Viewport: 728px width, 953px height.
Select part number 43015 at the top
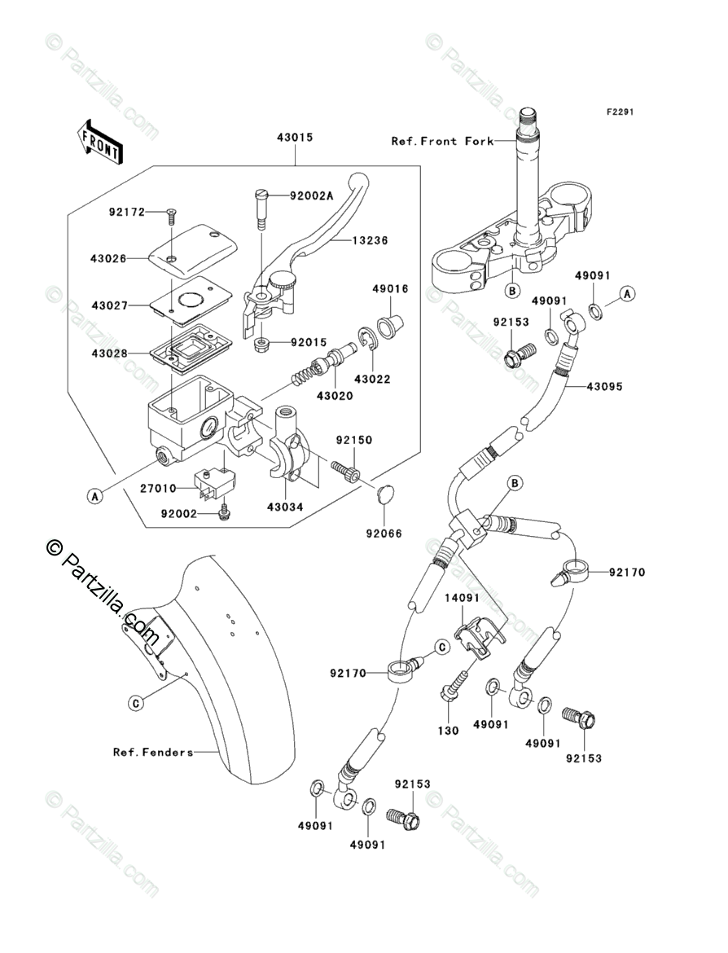click(x=296, y=138)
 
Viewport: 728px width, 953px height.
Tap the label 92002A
click(x=312, y=195)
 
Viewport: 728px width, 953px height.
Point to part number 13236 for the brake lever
click(x=370, y=240)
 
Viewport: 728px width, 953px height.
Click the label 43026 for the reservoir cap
click(x=109, y=258)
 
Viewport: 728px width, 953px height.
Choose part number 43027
click(x=110, y=305)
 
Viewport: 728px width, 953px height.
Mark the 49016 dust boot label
click(x=390, y=288)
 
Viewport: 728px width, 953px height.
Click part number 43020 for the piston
click(x=335, y=396)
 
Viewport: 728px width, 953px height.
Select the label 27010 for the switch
click(x=158, y=488)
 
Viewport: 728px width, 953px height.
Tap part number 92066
click(x=384, y=534)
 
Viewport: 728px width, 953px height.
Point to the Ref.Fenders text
click(x=153, y=752)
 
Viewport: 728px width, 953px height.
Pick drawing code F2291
click(x=620, y=112)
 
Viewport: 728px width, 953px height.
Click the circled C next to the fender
click(x=136, y=704)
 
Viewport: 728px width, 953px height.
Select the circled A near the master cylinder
click(x=94, y=497)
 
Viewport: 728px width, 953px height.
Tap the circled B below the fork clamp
click(x=512, y=291)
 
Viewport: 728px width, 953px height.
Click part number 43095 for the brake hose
click(x=605, y=386)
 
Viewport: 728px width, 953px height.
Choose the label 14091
click(x=462, y=597)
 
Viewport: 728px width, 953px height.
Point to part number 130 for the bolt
click(x=449, y=731)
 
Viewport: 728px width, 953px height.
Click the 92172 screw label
click(x=128, y=212)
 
